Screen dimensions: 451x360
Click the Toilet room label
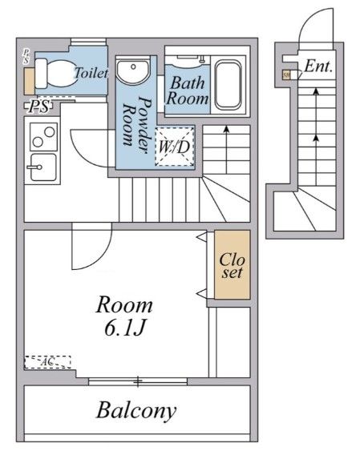click(x=90, y=72)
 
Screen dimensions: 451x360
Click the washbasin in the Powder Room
click(x=131, y=73)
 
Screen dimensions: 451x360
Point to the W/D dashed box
click(x=173, y=147)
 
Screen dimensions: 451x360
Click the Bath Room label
click(x=188, y=90)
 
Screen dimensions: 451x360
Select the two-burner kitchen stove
click(x=38, y=137)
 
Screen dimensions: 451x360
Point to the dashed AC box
click(x=47, y=362)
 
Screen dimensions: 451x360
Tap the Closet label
click(x=232, y=266)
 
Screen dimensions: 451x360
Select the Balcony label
click(x=136, y=411)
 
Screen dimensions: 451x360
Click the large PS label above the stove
click(x=38, y=106)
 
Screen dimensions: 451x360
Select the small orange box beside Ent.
click(x=286, y=75)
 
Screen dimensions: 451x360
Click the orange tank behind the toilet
click(x=30, y=81)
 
